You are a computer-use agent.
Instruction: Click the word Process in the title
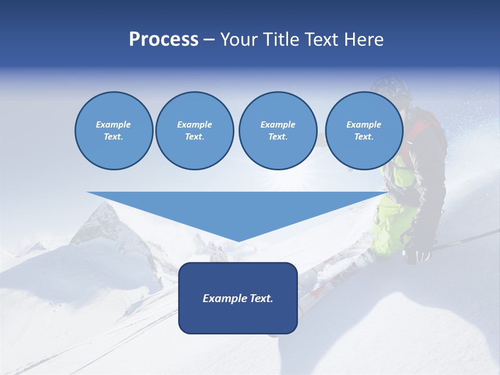tap(164, 40)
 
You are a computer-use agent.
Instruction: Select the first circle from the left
tap(114, 131)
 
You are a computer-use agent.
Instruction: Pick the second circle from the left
tap(194, 131)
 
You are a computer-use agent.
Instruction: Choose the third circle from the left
tap(278, 131)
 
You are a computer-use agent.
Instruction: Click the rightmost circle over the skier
tap(364, 131)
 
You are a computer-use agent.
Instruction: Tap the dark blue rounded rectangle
tap(238, 298)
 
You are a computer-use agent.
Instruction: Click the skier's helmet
tap(392, 89)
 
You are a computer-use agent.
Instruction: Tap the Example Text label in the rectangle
tap(238, 298)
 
